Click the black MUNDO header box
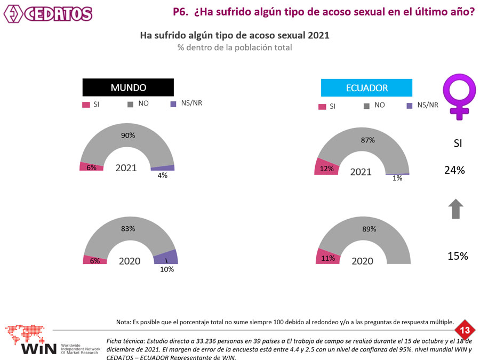[128, 87]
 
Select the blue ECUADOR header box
[366, 88]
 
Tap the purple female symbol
[460, 97]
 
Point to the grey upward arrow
[455, 209]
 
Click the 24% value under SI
[454, 171]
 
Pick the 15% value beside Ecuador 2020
[457, 256]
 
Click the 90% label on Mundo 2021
[128, 135]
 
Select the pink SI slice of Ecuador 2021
[324, 166]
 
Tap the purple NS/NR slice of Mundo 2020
[166, 257]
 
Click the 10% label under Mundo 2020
[167, 270]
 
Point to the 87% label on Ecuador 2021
[368, 140]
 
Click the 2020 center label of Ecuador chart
[362, 261]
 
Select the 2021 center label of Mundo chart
[126, 168]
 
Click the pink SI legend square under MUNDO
[85, 105]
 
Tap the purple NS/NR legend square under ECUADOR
[410, 106]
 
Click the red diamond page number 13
[465, 331]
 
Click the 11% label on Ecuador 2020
[328, 259]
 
